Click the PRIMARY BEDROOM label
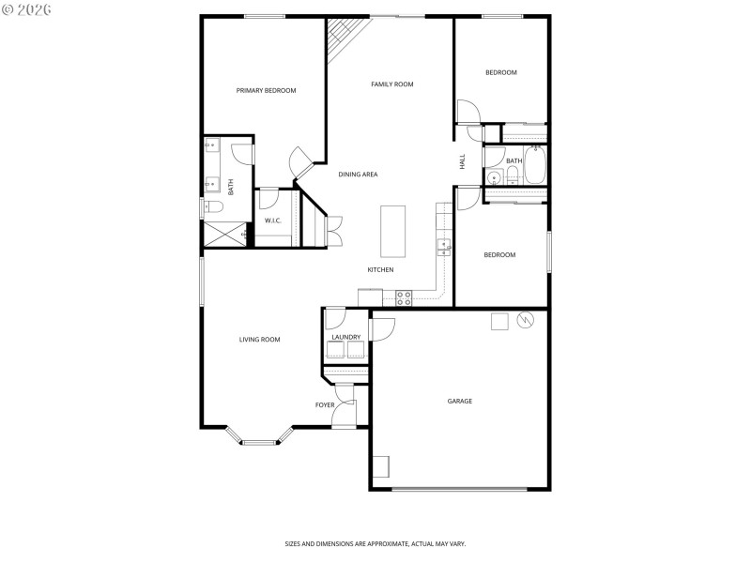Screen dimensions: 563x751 [x=266, y=91]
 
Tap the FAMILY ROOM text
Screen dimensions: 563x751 [x=391, y=84]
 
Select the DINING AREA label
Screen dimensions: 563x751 [x=358, y=175]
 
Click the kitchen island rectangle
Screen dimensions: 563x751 [x=392, y=231]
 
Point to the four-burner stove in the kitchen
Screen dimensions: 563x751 [x=404, y=298]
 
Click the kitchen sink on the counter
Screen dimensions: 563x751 [x=442, y=247]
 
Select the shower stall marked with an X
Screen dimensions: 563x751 [x=225, y=235]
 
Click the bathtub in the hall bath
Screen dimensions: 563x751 [x=535, y=167]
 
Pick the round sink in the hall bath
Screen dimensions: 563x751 [x=494, y=177]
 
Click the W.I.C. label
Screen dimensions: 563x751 [x=273, y=221]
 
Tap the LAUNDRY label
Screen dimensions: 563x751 [x=345, y=337]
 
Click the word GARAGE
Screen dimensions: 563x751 [x=459, y=401]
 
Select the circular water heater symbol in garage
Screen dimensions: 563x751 [x=525, y=321]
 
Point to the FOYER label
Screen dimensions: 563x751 [x=325, y=405]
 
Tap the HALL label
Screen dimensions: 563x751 [x=463, y=161]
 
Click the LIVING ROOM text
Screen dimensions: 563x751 [x=259, y=340]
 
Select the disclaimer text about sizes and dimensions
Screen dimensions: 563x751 [x=375, y=543]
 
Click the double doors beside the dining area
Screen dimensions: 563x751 [x=334, y=230]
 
